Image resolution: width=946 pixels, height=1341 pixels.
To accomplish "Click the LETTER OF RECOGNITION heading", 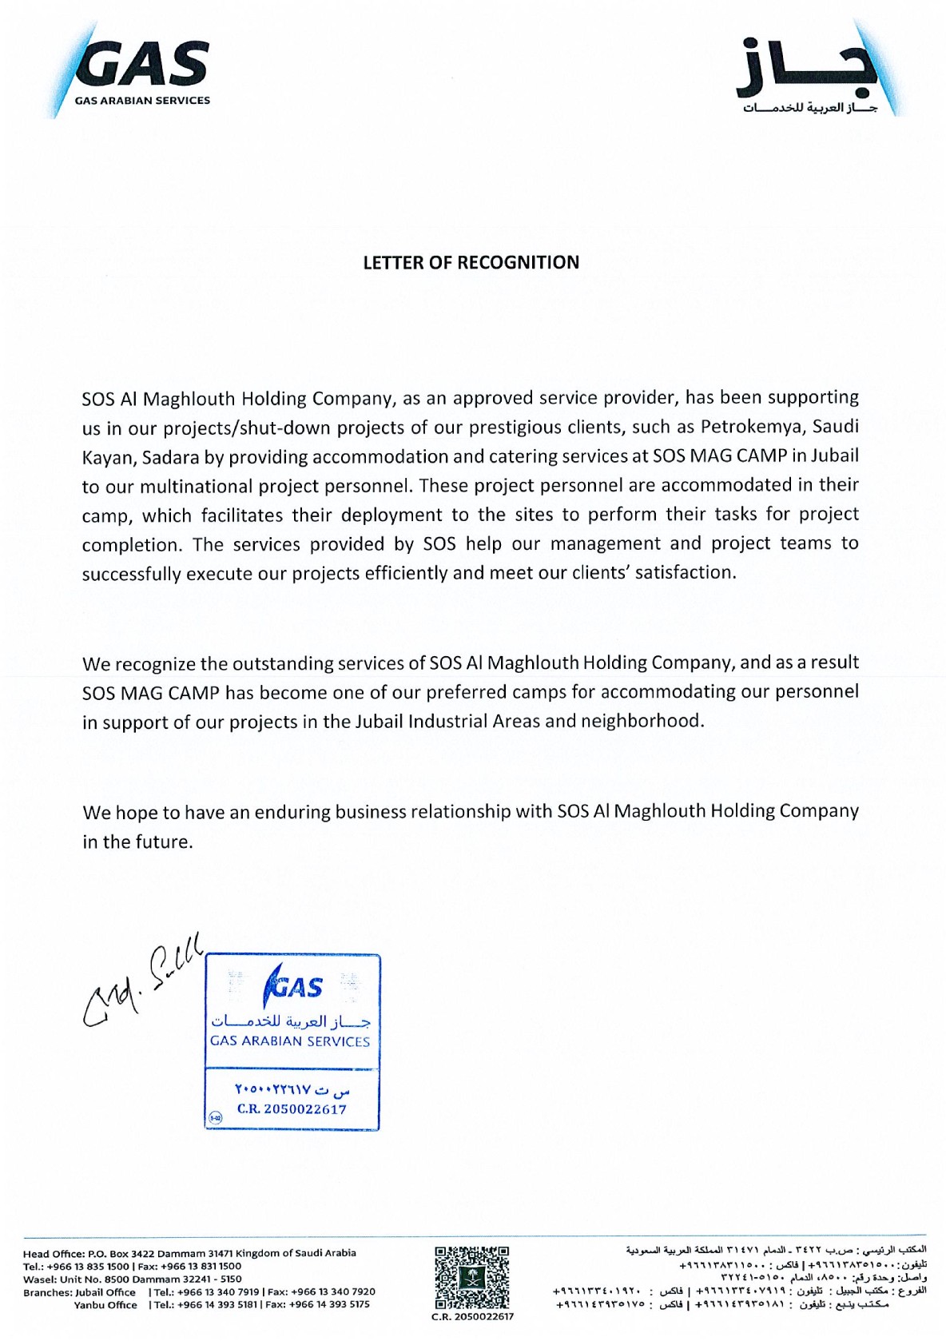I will click(x=471, y=263).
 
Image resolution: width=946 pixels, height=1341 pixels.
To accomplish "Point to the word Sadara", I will click(x=181, y=457).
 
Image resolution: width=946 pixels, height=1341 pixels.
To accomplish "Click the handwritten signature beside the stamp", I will click(x=140, y=979).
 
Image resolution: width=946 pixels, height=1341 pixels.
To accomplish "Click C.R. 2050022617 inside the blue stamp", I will click(x=292, y=1109).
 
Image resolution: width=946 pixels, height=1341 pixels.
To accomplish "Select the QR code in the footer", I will click(x=472, y=1276).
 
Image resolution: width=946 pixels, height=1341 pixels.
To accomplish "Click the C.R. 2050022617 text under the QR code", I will click(x=472, y=1316).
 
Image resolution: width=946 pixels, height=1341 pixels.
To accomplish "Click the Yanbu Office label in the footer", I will click(x=105, y=1304).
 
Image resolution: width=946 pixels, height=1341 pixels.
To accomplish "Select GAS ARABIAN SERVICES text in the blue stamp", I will click(x=290, y=1041).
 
